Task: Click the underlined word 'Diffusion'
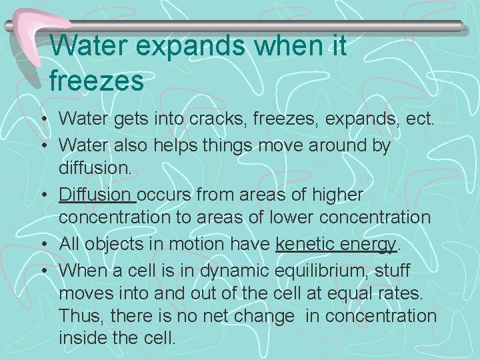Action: pos(95,194)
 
